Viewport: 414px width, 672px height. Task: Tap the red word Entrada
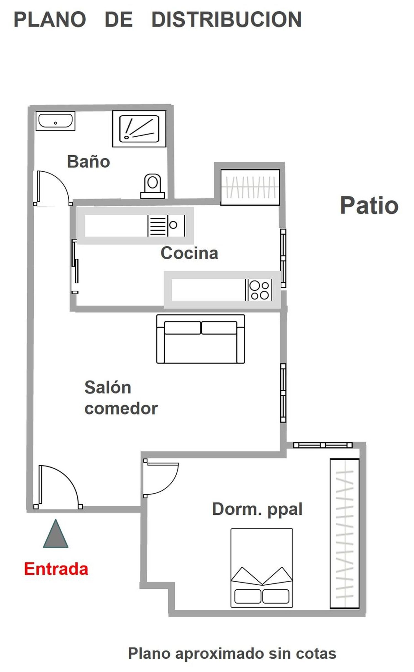[56, 569]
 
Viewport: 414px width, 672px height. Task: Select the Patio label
[369, 205]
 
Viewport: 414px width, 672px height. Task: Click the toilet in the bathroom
[153, 186]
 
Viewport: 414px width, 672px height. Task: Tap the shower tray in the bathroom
[139, 129]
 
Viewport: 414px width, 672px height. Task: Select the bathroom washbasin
[55, 121]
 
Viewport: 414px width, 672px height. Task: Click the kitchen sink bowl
[173, 225]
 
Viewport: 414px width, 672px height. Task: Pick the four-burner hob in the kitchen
[259, 289]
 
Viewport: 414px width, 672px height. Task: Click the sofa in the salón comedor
[201, 339]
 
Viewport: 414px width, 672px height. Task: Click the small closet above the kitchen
[250, 187]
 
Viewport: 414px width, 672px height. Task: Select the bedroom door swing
[161, 479]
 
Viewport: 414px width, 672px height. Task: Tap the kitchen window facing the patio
[283, 258]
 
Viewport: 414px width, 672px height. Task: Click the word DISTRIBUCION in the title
[227, 19]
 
